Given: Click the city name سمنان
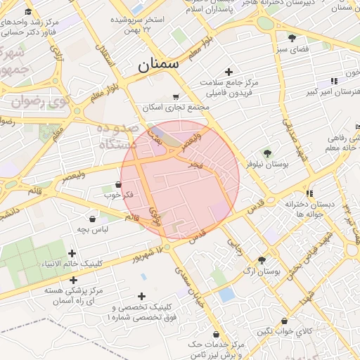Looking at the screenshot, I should [158, 65].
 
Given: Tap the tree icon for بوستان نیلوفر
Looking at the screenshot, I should [266, 153].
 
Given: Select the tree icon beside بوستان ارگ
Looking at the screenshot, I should [262, 259].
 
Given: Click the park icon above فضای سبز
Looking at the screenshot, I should [292, 38].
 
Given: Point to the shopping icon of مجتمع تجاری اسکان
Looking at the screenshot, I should [176, 97].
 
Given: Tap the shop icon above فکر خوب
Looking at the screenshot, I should [117, 184].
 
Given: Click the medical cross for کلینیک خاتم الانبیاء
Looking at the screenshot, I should [71, 253].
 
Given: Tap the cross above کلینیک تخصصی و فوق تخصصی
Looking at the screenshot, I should [142, 297].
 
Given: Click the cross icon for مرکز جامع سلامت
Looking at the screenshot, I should [229, 72].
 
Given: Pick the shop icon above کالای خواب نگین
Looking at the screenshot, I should [284, 320].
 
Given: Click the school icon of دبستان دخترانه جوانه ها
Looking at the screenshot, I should [308, 193].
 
